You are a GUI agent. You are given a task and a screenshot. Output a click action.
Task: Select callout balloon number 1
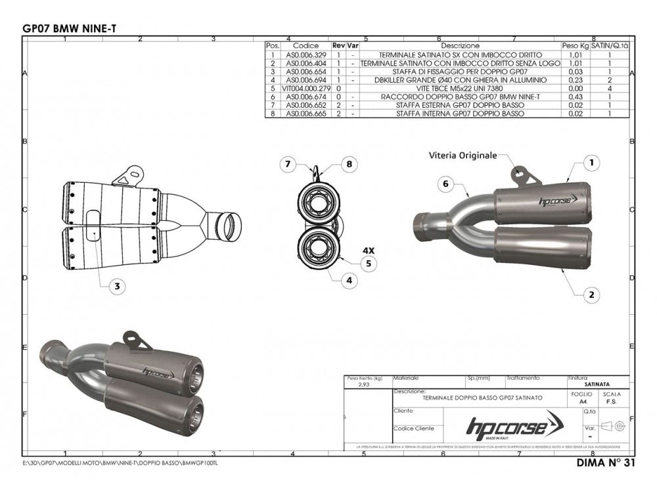591,162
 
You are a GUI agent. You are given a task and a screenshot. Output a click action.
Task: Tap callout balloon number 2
591,295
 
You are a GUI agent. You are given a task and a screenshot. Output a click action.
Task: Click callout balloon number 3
116,286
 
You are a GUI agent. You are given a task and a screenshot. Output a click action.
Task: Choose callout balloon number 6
445,185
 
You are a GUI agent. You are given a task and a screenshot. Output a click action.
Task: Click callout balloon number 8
350,162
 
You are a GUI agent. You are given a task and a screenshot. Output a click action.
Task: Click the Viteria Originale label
463,156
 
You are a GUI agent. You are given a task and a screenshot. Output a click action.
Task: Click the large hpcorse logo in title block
514,428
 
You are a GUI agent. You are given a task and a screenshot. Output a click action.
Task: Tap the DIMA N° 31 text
599,461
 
